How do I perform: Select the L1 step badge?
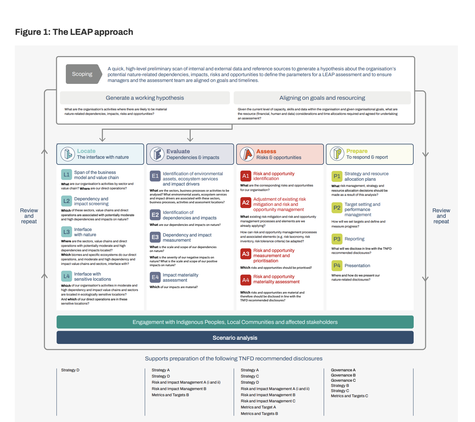pos(66,175)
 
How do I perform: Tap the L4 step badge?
pos(66,276)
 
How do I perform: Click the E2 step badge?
pos(155,215)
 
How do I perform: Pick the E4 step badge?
pos(155,277)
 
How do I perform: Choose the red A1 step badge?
pos(246,176)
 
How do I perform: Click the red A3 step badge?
pos(246,254)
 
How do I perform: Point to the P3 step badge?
pos(337,239)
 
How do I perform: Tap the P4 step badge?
pos(337,266)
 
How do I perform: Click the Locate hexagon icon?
pos(68,154)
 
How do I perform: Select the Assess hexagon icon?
pos(248,154)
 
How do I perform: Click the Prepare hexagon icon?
pos(338,154)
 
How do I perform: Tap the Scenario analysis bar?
pos(235,338)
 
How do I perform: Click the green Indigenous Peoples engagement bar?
pos(235,322)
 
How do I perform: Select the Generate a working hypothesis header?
pos(145,98)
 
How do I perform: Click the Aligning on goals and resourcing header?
pos(322,98)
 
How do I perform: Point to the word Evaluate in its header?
pos(178,151)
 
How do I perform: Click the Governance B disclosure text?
pos(343,375)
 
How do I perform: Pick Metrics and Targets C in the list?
pos(349,396)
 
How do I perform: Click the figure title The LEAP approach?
pos(74,32)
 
